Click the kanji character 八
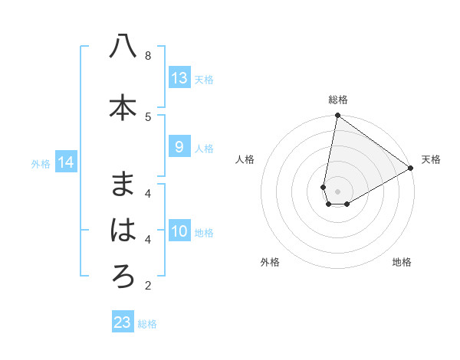click(x=123, y=47)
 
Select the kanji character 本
click(x=123, y=108)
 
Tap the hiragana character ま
click(x=123, y=184)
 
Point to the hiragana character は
click(x=123, y=231)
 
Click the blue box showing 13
click(x=179, y=77)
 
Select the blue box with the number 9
click(x=179, y=147)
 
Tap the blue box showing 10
click(x=179, y=231)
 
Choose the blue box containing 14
click(x=65, y=162)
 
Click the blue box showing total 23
click(x=122, y=322)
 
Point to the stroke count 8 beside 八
click(x=148, y=56)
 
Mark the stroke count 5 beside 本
click(x=148, y=116)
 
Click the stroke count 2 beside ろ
click(x=148, y=286)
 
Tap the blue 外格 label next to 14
click(x=41, y=163)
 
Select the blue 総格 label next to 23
click(x=147, y=324)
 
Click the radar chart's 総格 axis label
click(x=338, y=100)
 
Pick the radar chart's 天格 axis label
click(x=431, y=159)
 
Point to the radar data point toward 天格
click(x=411, y=169)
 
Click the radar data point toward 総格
click(x=337, y=116)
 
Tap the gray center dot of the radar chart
click(x=337, y=191)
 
